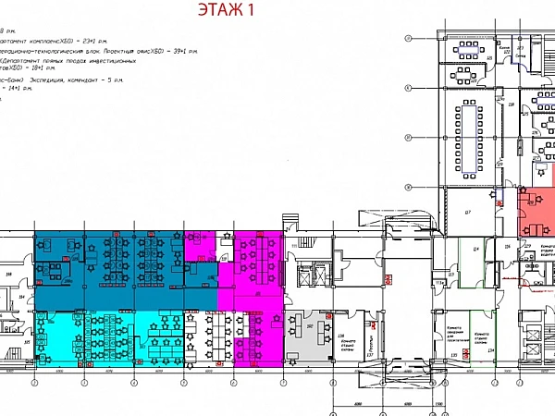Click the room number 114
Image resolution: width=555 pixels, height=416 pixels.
[475, 250]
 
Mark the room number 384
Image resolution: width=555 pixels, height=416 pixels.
[20, 297]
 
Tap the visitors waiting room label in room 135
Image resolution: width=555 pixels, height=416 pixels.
[456, 339]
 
